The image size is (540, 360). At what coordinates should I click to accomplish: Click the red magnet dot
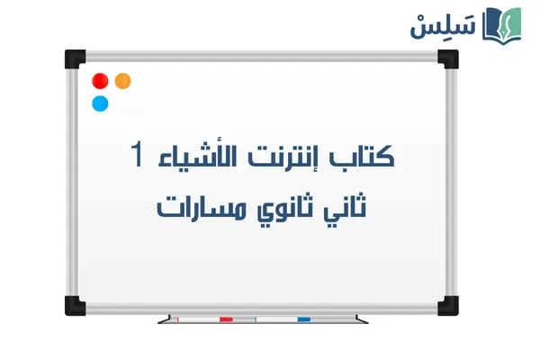pos(100,81)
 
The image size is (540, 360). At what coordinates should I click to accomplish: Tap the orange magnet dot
pos(123,81)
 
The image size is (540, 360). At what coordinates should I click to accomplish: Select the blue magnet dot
pos(100,103)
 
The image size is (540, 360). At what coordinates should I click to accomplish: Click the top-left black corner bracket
pos(73,59)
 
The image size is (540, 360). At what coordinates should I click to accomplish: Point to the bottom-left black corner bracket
pos(72,305)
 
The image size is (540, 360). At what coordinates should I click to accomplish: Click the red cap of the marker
pos(226,319)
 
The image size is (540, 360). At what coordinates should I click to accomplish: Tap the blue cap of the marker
pos(303,319)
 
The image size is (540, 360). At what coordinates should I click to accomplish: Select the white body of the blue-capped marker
pos(275,319)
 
